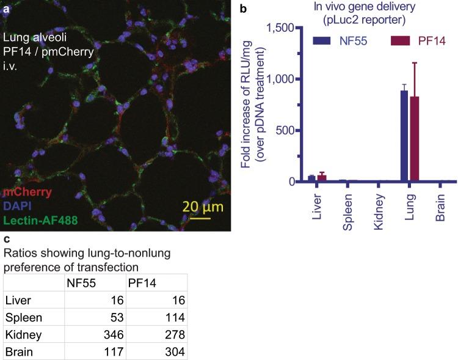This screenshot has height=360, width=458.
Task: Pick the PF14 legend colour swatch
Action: click(x=385, y=41)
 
